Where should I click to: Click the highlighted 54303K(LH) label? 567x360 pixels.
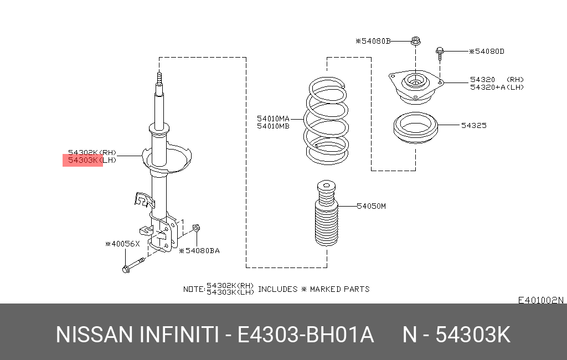(x=83, y=161)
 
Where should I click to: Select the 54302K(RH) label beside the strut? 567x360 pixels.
(x=92, y=152)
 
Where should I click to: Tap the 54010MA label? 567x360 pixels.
(x=273, y=119)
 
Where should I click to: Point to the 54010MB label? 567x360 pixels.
(x=273, y=126)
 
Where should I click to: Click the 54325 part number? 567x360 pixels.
(x=473, y=126)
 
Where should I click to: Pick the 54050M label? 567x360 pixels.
(x=370, y=206)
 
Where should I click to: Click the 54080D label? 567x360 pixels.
(x=487, y=52)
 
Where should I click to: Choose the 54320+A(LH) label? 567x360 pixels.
(x=497, y=87)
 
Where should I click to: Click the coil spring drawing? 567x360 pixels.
(x=327, y=122)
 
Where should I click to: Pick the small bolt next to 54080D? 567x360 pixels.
(x=439, y=53)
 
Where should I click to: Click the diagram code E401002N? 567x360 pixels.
(x=540, y=301)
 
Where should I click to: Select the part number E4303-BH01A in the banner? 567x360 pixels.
(x=306, y=335)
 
